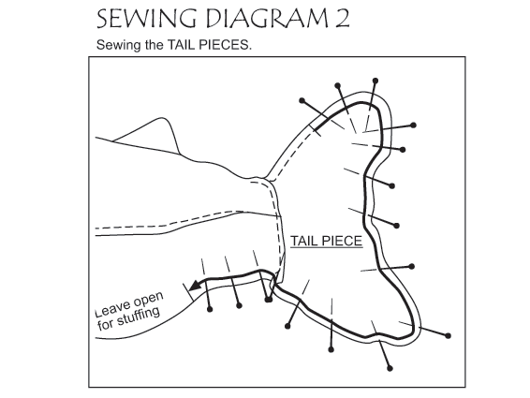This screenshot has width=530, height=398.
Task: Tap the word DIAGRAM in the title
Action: [267, 18]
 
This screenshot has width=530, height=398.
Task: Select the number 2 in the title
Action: [343, 18]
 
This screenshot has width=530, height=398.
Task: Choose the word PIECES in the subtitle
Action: [225, 45]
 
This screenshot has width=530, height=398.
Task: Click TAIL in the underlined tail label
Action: [304, 241]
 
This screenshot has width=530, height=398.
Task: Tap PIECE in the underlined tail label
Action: [342, 241]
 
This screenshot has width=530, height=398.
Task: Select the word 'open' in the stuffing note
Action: [148, 299]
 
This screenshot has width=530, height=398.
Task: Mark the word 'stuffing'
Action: [138, 317]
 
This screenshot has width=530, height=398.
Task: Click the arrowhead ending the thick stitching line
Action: [195, 286]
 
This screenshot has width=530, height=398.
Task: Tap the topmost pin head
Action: [375, 81]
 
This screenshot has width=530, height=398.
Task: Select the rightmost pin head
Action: [449, 336]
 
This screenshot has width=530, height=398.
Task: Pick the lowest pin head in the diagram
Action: [390, 368]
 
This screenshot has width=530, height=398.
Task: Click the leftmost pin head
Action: [210, 309]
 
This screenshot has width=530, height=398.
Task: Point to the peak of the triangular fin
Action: [162, 118]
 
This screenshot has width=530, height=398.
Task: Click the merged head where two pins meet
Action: [269, 300]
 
